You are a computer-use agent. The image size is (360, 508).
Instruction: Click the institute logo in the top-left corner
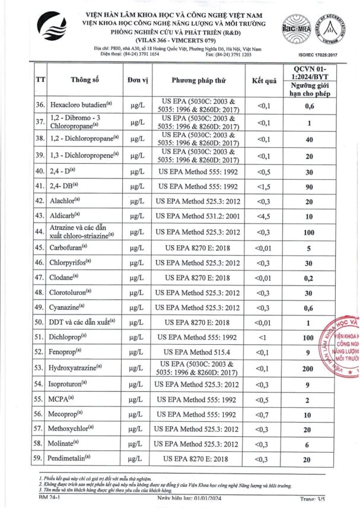coord(52,27)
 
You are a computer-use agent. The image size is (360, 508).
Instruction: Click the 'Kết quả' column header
coord(264,80)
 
